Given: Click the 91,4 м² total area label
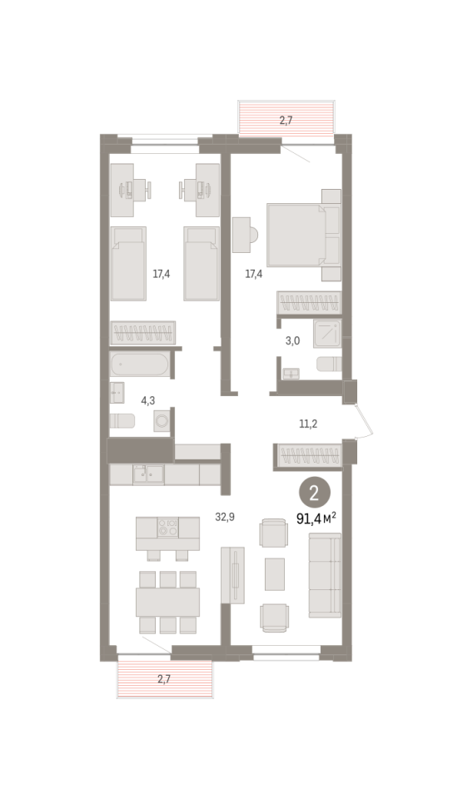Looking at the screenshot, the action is click(x=316, y=519).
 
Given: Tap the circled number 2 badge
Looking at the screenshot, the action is click(x=315, y=493).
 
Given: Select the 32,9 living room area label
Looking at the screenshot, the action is click(x=225, y=517).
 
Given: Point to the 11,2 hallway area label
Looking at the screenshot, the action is click(x=308, y=424).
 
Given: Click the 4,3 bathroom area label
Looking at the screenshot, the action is click(x=148, y=400).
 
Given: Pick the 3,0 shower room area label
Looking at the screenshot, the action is click(x=292, y=341).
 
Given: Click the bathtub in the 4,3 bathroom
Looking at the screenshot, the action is click(x=139, y=365).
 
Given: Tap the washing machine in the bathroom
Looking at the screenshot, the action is click(x=162, y=421).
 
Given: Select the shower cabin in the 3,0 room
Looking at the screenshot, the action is click(x=327, y=333).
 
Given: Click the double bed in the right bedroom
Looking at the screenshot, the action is click(x=304, y=235).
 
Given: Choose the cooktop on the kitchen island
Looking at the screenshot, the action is click(x=167, y=527).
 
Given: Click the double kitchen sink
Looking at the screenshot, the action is click(x=148, y=475).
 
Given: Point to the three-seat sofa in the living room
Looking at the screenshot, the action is click(x=325, y=575).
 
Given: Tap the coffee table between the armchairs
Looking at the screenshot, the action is click(x=275, y=574).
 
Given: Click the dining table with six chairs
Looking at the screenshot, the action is click(x=167, y=602).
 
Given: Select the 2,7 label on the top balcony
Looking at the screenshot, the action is click(x=286, y=121).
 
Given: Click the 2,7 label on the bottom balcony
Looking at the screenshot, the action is click(x=164, y=679).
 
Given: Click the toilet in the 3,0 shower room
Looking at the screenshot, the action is click(x=329, y=365).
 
